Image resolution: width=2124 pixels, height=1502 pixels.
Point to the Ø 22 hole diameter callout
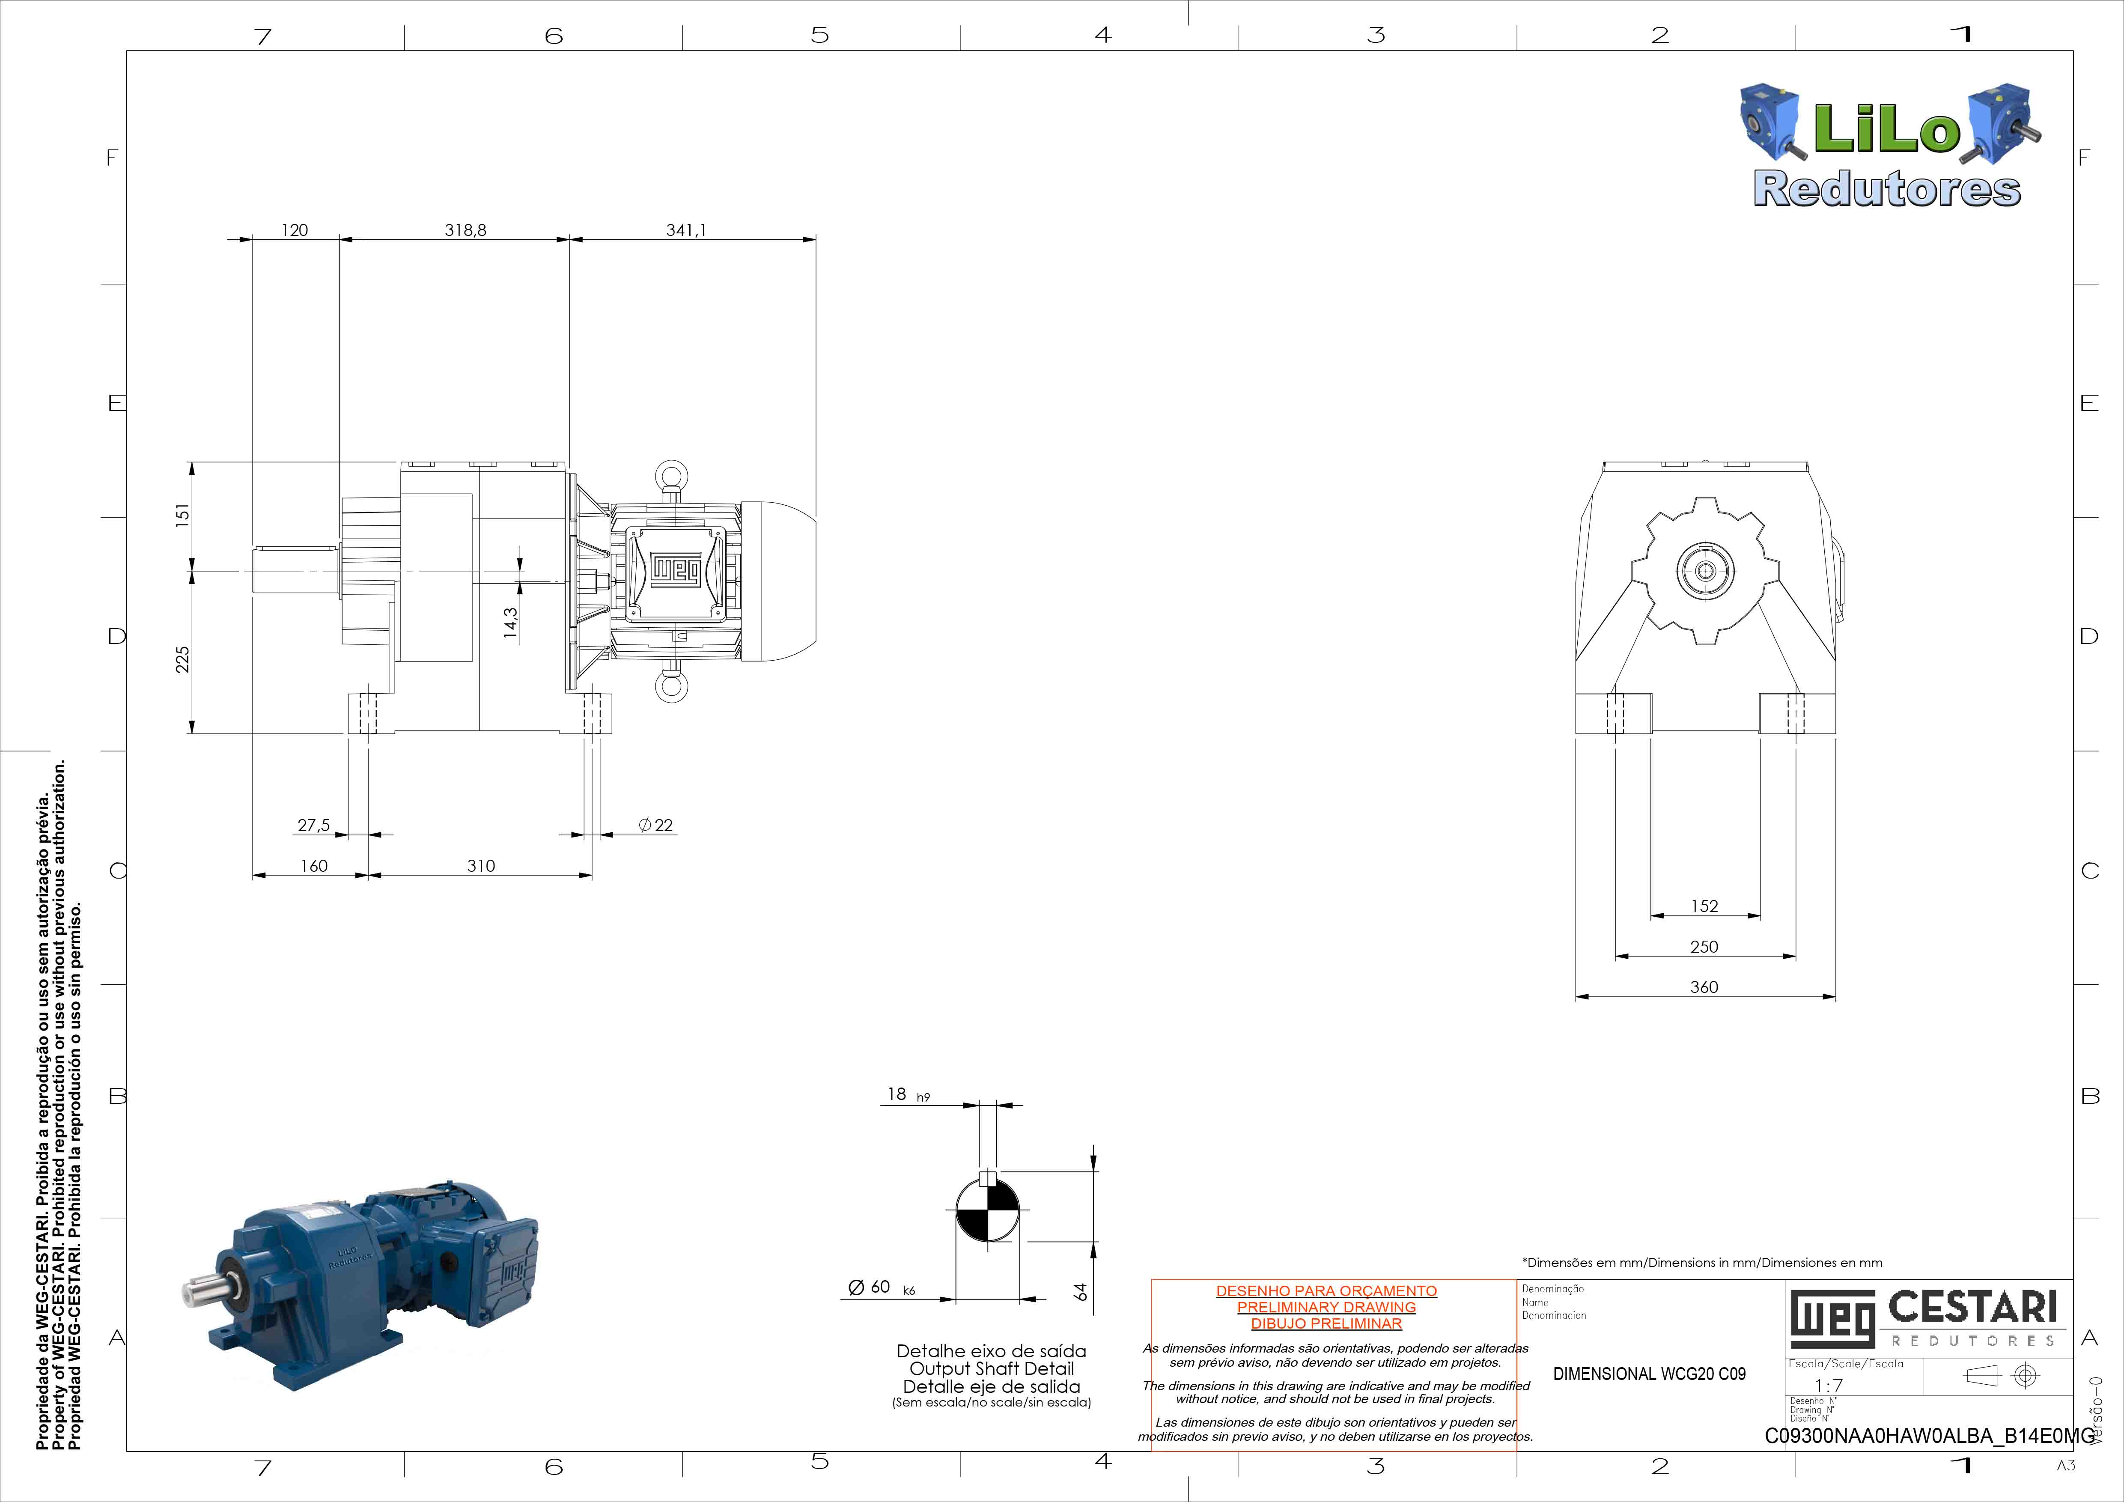coord(656,825)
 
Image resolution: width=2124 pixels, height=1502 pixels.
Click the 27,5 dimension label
coord(313,825)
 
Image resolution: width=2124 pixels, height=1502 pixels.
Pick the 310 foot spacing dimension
coord(481,866)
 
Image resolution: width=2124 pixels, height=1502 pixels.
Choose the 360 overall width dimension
coord(1704,987)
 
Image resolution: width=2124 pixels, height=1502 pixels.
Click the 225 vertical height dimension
coord(182,659)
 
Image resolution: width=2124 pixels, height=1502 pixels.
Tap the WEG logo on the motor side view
coord(675,571)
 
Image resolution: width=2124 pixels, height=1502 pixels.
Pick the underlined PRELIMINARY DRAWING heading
coord(1326,1307)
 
